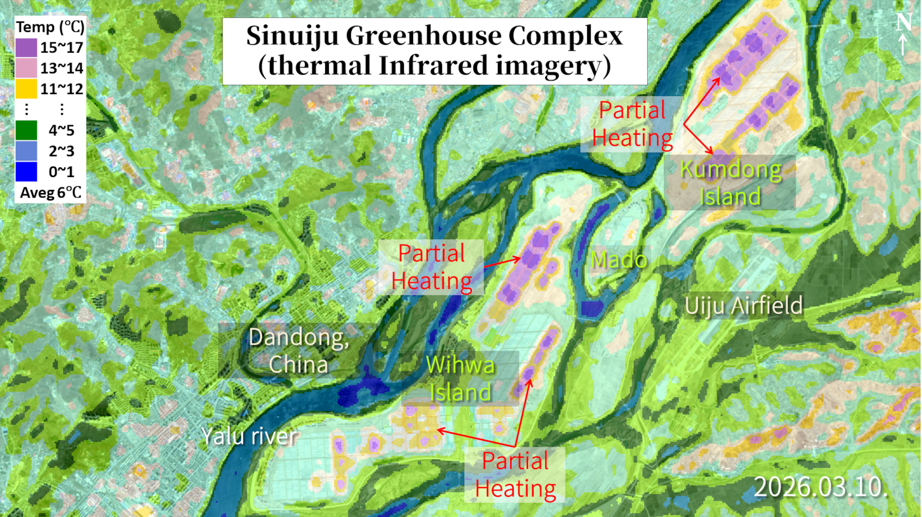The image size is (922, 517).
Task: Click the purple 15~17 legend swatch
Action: pos(26,47)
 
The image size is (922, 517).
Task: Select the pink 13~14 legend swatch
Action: pos(26,68)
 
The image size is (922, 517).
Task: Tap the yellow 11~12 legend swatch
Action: pos(26,89)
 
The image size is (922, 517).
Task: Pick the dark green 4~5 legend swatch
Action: pos(26,130)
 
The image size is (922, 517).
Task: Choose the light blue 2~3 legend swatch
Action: pos(26,151)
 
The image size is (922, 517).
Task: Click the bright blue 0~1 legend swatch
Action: pos(26,172)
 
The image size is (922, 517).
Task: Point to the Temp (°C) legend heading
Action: pos(50,27)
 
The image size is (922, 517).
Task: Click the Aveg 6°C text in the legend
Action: pos(50,193)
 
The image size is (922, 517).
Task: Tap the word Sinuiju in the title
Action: pos(292,36)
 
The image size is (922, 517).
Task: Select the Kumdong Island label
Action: pos(730,183)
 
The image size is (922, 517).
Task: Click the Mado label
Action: pos(619,260)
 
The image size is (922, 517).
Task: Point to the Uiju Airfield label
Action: pos(744,306)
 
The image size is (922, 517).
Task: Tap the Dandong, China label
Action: pos(299,351)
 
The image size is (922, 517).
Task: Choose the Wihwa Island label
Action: pos(460,379)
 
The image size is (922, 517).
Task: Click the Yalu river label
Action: pos(250,436)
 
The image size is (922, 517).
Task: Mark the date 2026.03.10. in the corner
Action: pos(821,487)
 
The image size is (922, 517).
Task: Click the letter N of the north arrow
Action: pos(904,23)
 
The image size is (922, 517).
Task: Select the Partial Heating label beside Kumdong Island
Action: pos(632,124)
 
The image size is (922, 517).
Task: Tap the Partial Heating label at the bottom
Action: pos(515,475)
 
